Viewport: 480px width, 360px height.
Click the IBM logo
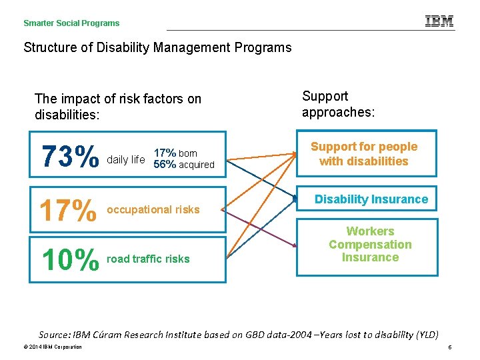439,21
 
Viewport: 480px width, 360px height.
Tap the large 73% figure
70,159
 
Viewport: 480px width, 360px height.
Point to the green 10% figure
69,259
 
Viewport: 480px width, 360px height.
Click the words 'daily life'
126,159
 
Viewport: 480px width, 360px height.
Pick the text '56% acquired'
184,165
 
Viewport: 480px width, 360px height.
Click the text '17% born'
175,153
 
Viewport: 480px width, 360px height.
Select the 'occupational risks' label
153,209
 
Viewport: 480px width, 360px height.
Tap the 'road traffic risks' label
148,259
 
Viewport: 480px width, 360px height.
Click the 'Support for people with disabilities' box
364,154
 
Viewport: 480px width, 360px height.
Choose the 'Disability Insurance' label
371,199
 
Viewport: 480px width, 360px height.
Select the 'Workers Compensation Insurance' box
370,245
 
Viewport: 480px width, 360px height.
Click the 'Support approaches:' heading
338,104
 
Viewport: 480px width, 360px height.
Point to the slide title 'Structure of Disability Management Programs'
157,47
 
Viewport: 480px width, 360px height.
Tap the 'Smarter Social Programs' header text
71,23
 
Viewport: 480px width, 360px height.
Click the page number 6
450,347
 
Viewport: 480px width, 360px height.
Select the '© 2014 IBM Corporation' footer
51,347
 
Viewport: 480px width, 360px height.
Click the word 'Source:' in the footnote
55,334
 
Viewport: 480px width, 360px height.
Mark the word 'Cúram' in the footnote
111,334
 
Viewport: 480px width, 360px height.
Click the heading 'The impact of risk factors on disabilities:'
117,107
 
